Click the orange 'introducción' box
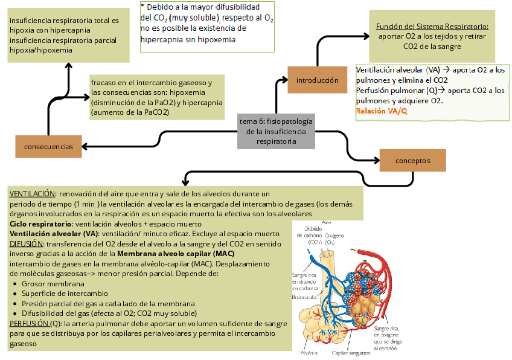(x=317, y=80)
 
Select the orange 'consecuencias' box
(x=48, y=147)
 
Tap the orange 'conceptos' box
(x=412, y=161)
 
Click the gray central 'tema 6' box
(x=277, y=131)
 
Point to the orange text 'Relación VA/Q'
(x=382, y=111)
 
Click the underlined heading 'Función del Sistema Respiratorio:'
(x=432, y=27)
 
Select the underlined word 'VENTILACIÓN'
(x=32, y=194)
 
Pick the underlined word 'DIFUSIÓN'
(x=26, y=243)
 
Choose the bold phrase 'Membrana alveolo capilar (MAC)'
(x=176, y=253)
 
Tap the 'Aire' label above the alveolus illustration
(x=327, y=222)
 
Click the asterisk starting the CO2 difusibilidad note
(x=142, y=6)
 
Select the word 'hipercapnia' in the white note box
(x=162, y=39)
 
